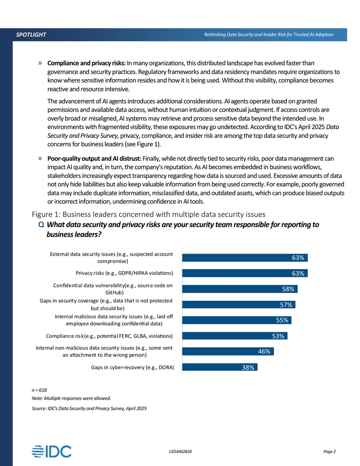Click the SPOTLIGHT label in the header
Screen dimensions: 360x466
31,35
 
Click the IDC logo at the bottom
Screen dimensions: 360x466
52,452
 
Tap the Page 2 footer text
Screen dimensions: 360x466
329,452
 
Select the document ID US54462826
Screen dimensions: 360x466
180,452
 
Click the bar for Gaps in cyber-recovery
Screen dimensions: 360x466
220,367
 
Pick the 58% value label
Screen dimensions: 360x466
288,289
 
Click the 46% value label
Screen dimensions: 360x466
264,351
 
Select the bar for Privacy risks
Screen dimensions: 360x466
245,273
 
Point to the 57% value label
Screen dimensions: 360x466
286,305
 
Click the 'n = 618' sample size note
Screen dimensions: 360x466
39,390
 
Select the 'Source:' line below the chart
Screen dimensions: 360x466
89,408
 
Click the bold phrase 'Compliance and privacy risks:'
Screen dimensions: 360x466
86,63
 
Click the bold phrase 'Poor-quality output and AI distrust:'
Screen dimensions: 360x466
94,158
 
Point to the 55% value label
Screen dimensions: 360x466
282,320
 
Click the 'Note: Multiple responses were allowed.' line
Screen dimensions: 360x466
71,398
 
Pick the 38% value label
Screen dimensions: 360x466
248,367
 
